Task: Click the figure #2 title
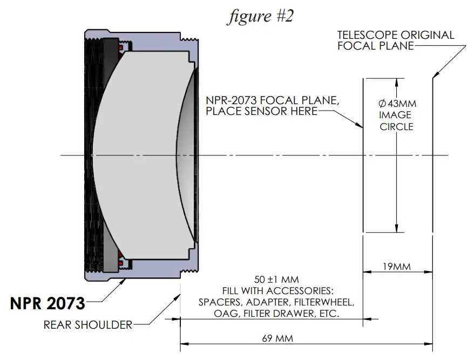260,16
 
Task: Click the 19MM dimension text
396,267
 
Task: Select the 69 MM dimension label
277,338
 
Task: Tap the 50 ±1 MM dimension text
276,280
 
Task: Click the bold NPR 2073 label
48,304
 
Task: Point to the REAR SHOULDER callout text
88,324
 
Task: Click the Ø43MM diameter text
397,103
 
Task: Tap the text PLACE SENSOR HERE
261,111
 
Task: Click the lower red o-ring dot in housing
121,263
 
